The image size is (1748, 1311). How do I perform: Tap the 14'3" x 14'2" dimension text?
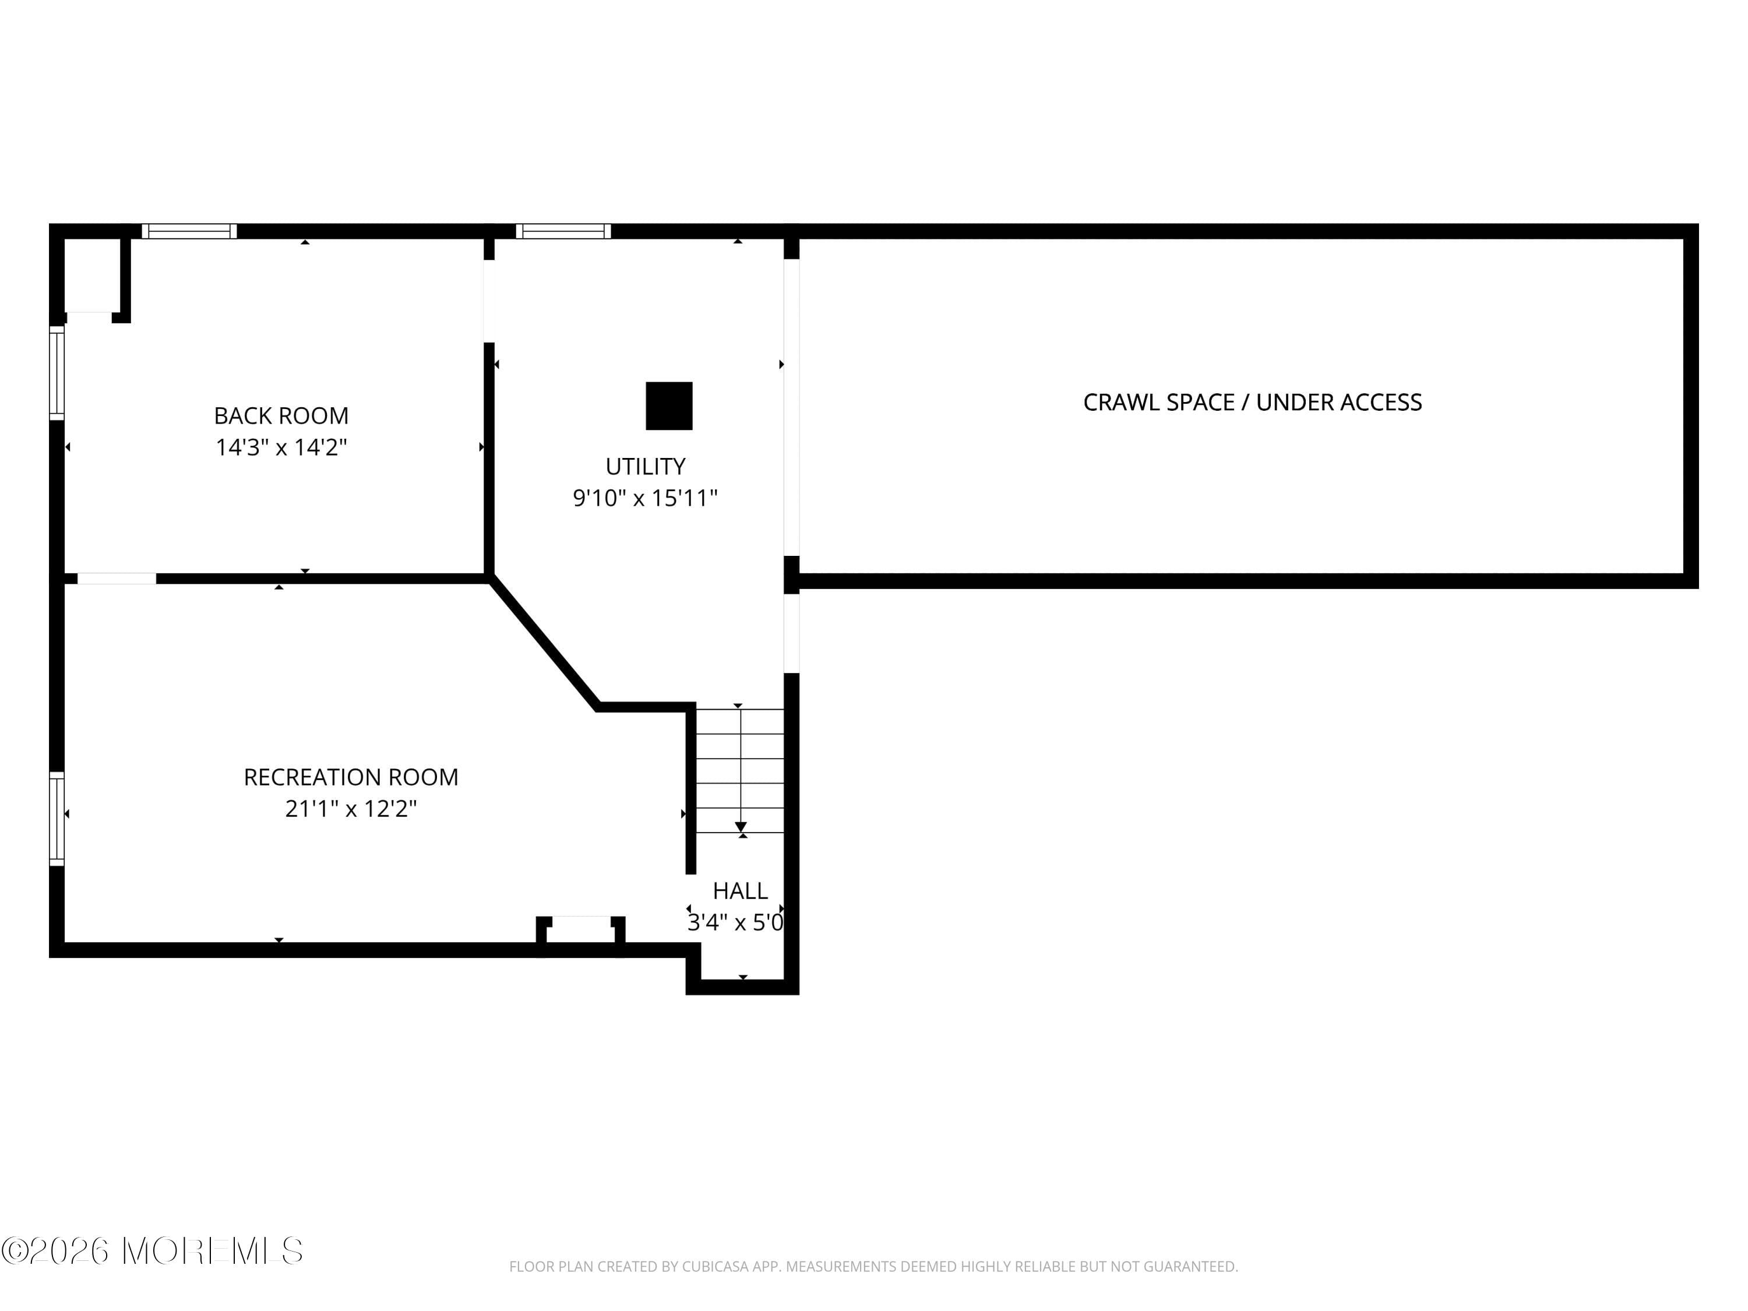click(281, 447)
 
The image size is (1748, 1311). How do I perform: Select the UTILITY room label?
click(645, 466)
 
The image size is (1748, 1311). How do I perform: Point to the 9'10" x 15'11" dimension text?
click(645, 498)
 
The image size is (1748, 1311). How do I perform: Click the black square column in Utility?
click(669, 406)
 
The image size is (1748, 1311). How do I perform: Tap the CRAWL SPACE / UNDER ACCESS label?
click(1253, 402)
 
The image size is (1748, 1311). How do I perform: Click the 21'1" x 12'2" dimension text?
click(351, 808)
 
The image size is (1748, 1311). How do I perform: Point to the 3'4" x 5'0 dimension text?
click(736, 922)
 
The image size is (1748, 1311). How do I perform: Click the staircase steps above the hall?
click(739, 770)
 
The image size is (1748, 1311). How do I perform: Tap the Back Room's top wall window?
click(189, 231)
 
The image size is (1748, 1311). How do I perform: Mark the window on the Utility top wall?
click(563, 231)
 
